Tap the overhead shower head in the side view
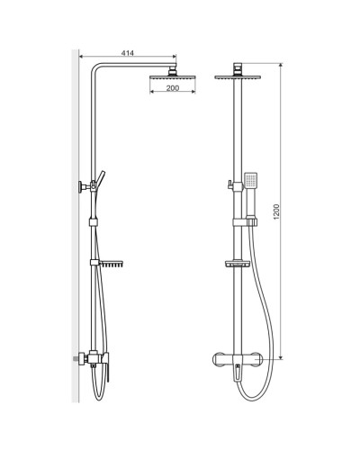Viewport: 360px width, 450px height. (162, 78)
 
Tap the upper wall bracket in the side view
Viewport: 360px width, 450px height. (84, 188)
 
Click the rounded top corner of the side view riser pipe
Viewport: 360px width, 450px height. (92, 72)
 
